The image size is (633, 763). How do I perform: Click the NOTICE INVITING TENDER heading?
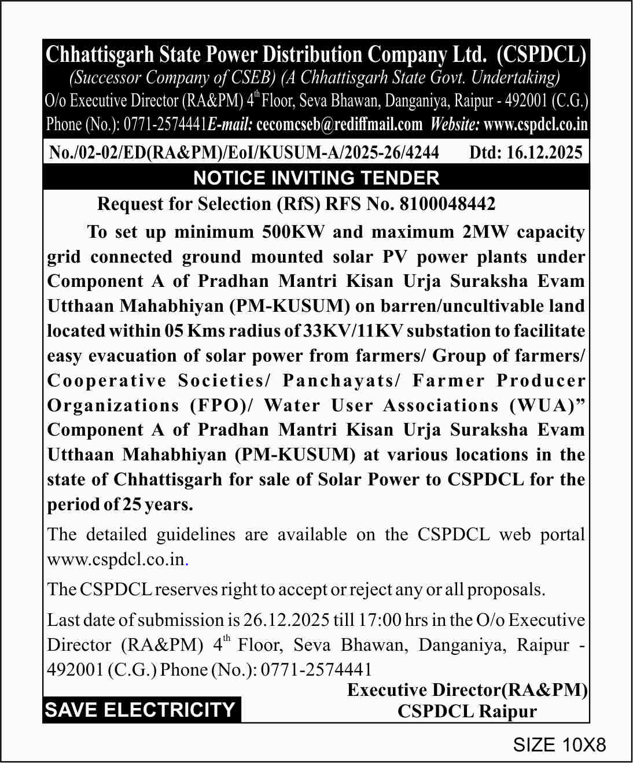[316, 178]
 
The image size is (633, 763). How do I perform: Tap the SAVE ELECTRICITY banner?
[140, 710]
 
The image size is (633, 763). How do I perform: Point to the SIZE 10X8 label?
[559, 744]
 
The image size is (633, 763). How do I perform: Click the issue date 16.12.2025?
[544, 152]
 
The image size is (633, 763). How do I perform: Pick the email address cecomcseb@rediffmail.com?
[339, 124]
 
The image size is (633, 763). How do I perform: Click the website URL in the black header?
[535, 124]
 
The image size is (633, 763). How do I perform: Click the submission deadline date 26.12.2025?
[286, 620]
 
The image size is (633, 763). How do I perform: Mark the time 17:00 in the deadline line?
[379, 620]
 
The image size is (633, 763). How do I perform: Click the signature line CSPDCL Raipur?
[467, 712]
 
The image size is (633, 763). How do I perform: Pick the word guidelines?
[196, 535]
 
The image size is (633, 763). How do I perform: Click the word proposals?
[506, 589]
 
